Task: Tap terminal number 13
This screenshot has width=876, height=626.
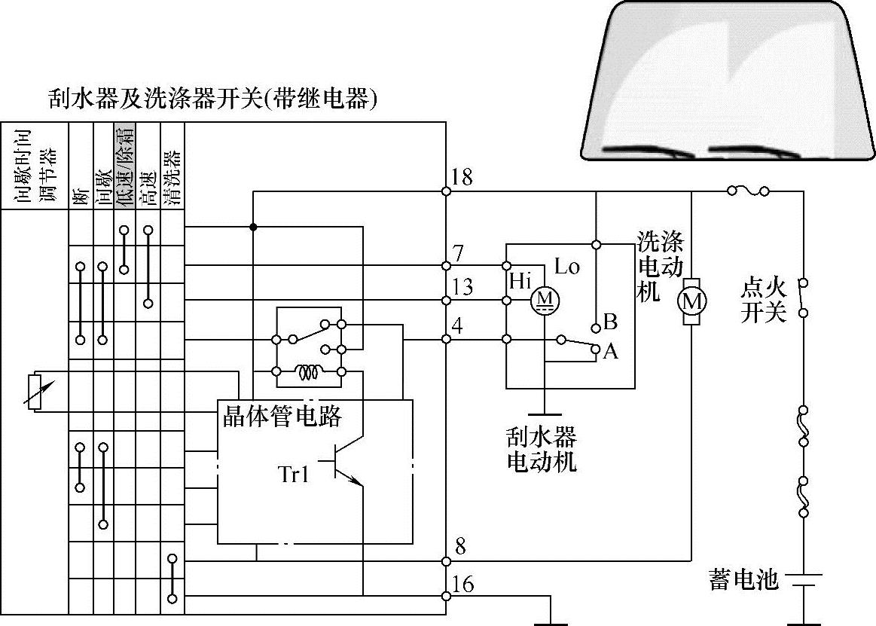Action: (x=462, y=288)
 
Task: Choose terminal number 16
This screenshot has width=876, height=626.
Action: (x=464, y=584)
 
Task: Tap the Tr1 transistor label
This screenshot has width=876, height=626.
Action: (x=294, y=475)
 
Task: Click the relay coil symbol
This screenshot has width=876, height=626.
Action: (x=307, y=372)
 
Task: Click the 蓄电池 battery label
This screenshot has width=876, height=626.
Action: (x=743, y=579)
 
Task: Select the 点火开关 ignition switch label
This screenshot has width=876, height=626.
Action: (x=763, y=299)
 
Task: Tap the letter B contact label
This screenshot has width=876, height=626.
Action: (x=610, y=322)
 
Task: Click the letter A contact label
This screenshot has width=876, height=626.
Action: (x=610, y=351)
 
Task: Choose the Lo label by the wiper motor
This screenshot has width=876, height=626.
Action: (x=566, y=266)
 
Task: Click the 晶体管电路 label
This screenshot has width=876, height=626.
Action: (x=282, y=416)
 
